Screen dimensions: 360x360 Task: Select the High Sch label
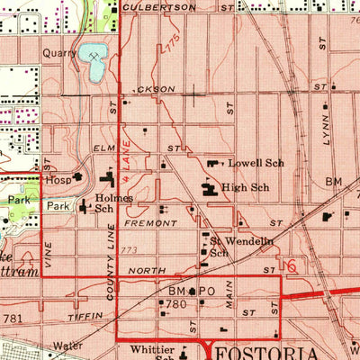tap(247, 188)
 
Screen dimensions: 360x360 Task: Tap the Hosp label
tap(59, 180)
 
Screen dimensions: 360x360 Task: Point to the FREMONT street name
tap(144, 222)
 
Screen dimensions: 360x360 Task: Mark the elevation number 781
tap(13, 319)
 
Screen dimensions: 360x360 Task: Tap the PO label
tap(208, 292)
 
